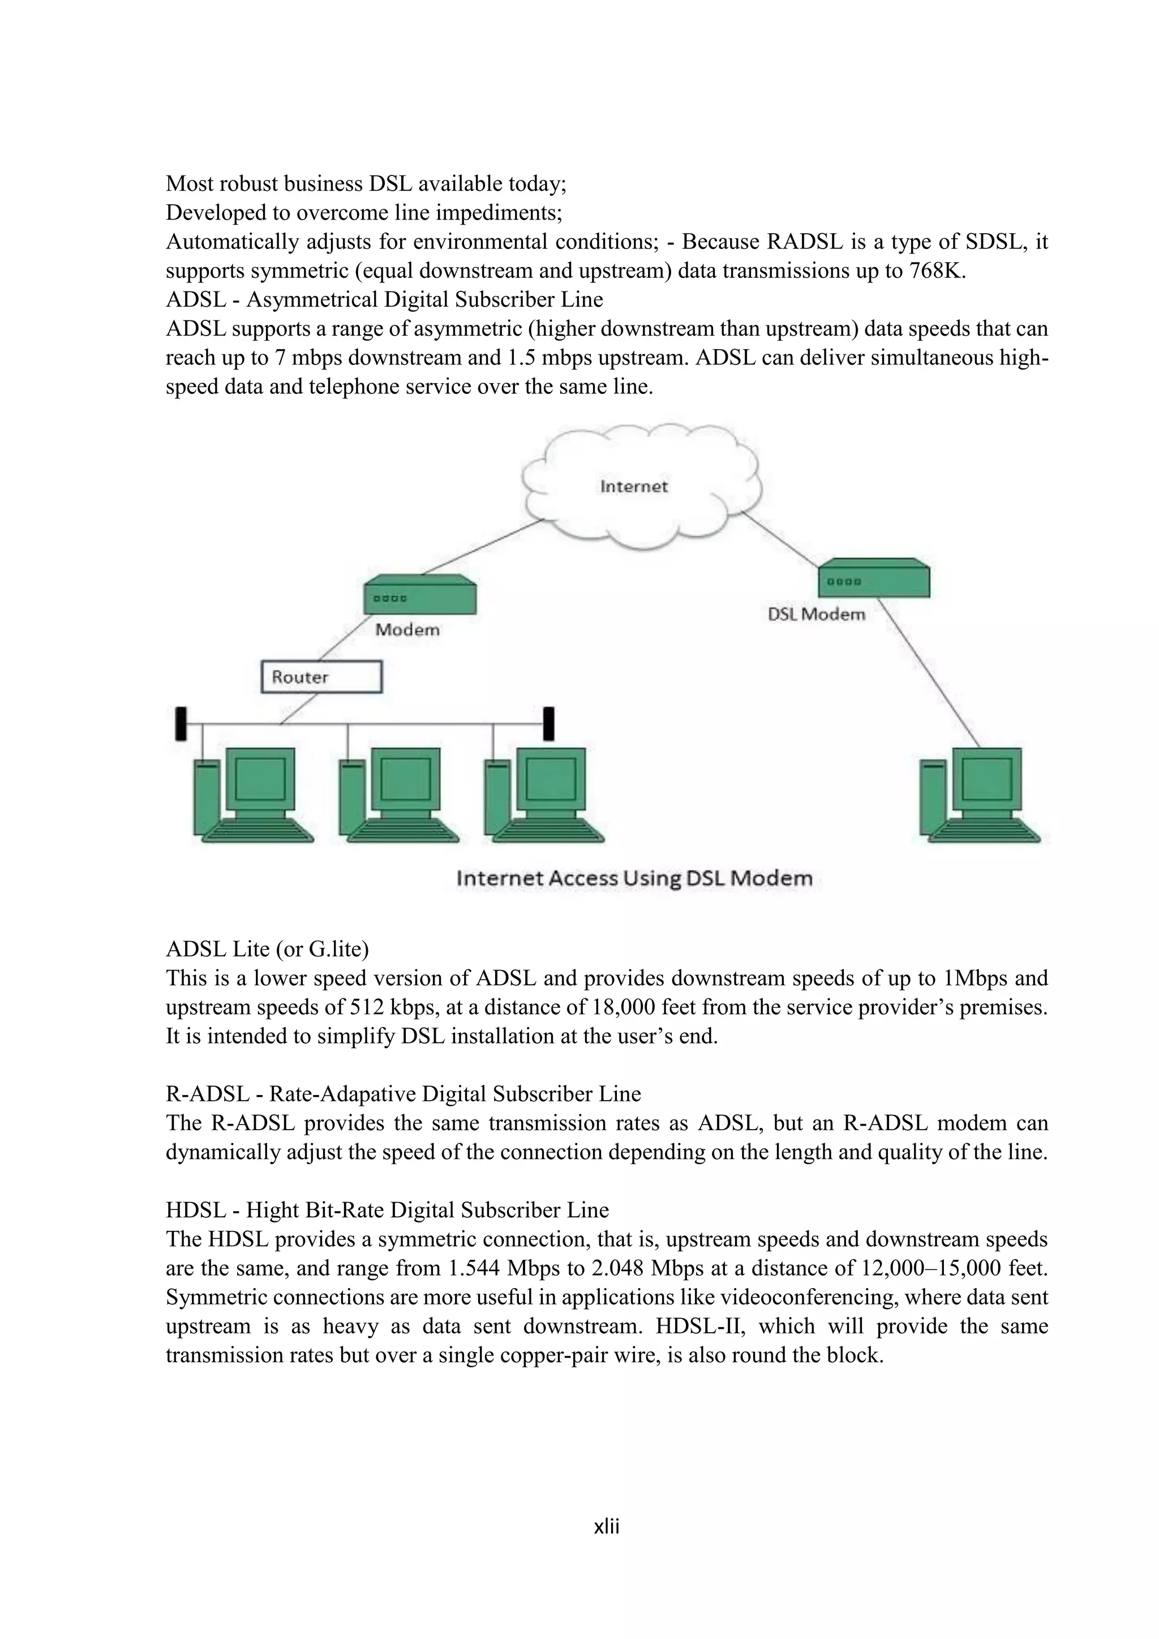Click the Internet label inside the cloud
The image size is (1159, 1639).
634,487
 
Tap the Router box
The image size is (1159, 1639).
321,677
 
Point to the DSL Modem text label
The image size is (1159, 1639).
817,615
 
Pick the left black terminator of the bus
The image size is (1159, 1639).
181,723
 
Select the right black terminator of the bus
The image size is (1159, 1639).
549,723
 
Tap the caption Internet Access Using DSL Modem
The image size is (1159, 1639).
634,878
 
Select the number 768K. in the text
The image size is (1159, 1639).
937,271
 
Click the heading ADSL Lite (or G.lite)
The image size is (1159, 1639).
267,949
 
